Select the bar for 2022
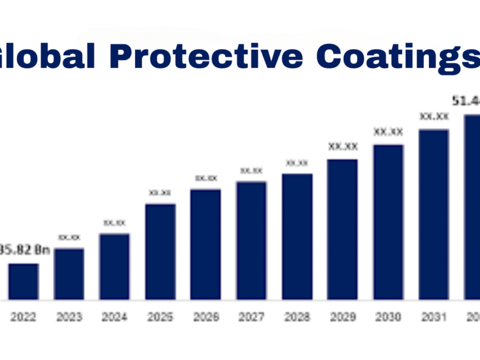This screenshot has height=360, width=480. (23, 281)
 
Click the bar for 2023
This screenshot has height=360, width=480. (69, 274)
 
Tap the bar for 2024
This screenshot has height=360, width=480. (115, 266)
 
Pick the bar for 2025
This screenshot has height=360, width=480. (160, 251)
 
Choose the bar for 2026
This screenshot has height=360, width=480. (206, 244)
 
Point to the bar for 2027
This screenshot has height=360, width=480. (251, 240)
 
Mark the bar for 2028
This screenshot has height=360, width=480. (297, 236)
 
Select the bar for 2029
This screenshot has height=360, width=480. (343, 229)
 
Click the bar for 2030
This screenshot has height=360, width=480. (388, 222)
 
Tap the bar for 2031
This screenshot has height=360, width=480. (434, 214)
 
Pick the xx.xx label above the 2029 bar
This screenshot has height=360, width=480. (343, 146)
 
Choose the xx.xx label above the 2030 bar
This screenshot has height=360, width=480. (388, 131)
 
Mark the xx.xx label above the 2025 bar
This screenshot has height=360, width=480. (160, 193)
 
